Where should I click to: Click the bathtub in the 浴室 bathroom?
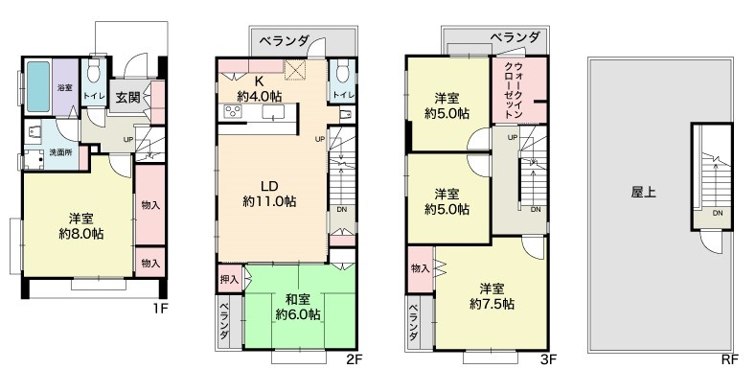38,86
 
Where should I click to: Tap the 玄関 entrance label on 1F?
127,97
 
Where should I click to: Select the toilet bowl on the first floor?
94,72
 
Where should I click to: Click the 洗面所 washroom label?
60,152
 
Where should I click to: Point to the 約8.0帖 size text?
81,234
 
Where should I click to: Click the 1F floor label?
160,308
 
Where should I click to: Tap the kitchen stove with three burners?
233,112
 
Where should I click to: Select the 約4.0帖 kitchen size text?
260,96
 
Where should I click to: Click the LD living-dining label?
269,186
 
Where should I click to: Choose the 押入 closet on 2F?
229,279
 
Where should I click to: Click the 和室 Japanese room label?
297,299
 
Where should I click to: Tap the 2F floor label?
354,359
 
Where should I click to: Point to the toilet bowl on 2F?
342,72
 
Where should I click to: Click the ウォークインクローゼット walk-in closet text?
513,90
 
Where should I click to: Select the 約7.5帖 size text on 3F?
492,304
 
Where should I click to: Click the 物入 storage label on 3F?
420,268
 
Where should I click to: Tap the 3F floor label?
548,359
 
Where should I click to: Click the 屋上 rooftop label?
643,193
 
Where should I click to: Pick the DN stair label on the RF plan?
718,213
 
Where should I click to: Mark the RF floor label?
730,359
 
